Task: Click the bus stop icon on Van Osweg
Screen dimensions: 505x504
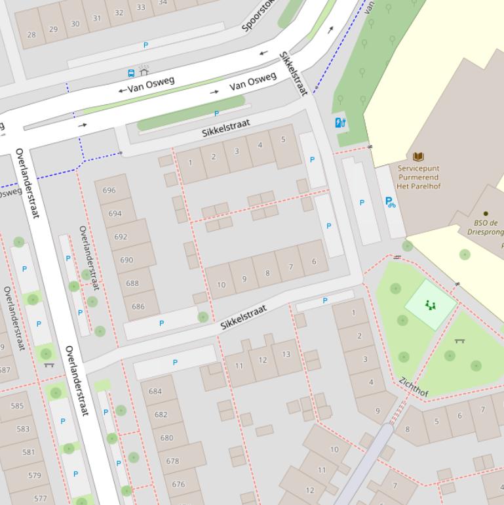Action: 132,73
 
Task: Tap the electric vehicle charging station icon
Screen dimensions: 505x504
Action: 340,123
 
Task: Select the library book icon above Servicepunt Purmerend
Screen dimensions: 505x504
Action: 418,157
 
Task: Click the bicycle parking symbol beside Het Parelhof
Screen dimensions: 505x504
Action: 391,203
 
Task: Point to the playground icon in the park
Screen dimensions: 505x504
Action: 430,305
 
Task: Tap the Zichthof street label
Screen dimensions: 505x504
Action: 414,388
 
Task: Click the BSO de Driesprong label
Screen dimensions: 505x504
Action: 488,227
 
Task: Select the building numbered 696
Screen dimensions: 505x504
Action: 109,191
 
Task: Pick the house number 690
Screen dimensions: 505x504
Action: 126,260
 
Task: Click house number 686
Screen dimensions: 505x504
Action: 138,306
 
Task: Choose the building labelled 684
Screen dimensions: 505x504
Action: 155,392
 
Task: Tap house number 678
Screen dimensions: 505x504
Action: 172,461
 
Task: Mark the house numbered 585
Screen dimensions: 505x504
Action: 17,406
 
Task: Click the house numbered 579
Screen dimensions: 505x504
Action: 35,475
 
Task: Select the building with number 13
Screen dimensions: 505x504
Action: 286,354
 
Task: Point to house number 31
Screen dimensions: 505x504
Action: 97,18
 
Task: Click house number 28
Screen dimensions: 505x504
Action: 31,34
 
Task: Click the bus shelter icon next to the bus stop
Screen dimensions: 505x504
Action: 144,70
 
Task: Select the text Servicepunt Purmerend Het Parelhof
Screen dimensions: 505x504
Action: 419,177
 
